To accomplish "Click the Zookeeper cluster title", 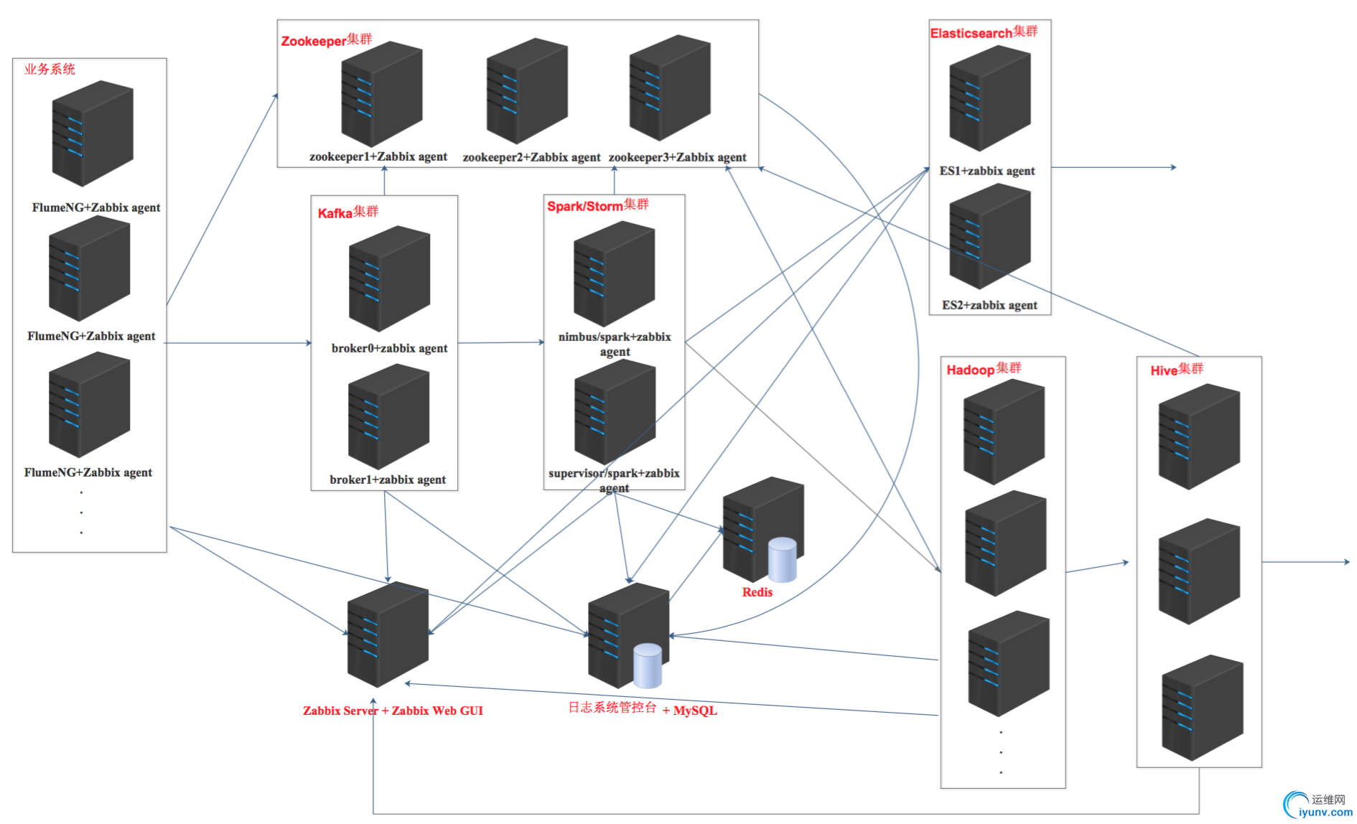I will (x=326, y=40).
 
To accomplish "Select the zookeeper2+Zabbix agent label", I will (x=531, y=157).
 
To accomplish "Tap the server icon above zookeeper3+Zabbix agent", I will (x=669, y=88).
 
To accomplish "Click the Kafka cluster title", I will (x=348, y=212).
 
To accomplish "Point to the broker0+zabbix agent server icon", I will (x=389, y=278).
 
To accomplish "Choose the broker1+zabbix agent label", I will (x=388, y=479).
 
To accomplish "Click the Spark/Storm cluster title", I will (x=597, y=205).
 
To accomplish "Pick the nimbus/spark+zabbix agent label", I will (x=615, y=344).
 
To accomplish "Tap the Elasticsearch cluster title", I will (x=984, y=32).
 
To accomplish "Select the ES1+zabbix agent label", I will (x=987, y=171).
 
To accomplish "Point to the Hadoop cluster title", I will (x=984, y=369).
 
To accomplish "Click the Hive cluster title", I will (x=1176, y=370).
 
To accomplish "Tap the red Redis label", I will (x=757, y=592).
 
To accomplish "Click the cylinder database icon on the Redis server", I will (x=782, y=559).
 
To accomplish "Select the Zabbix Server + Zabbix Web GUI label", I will (x=393, y=711).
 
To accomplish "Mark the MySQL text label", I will (x=694, y=711).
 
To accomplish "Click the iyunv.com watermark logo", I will (x=1318, y=805).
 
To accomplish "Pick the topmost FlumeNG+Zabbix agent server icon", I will (x=93, y=133).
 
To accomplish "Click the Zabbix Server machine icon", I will (x=388, y=634).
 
